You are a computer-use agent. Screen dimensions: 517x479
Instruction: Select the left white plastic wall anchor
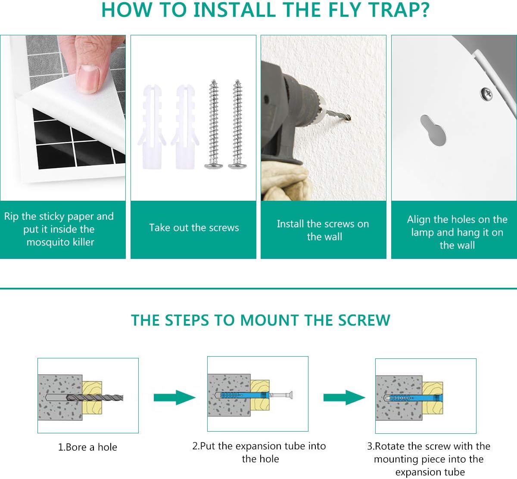click(152, 127)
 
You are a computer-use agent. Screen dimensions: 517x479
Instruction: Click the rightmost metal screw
click(237, 124)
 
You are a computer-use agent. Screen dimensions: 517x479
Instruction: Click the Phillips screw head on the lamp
click(486, 94)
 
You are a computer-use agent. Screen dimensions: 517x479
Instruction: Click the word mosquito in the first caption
click(48, 242)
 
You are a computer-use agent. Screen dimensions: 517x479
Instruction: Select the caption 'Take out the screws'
click(194, 227)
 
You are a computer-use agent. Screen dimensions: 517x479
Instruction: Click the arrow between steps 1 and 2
click(174, 397)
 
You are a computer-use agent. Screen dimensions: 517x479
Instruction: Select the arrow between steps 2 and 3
click(344, 397)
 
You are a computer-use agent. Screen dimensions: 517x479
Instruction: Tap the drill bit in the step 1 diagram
click(95, 398)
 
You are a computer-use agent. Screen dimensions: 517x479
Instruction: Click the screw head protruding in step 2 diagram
click(290, 395)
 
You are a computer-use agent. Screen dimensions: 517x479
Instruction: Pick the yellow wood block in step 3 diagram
click(433, 398)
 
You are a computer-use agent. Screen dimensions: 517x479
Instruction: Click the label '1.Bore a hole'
click(87, 447)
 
